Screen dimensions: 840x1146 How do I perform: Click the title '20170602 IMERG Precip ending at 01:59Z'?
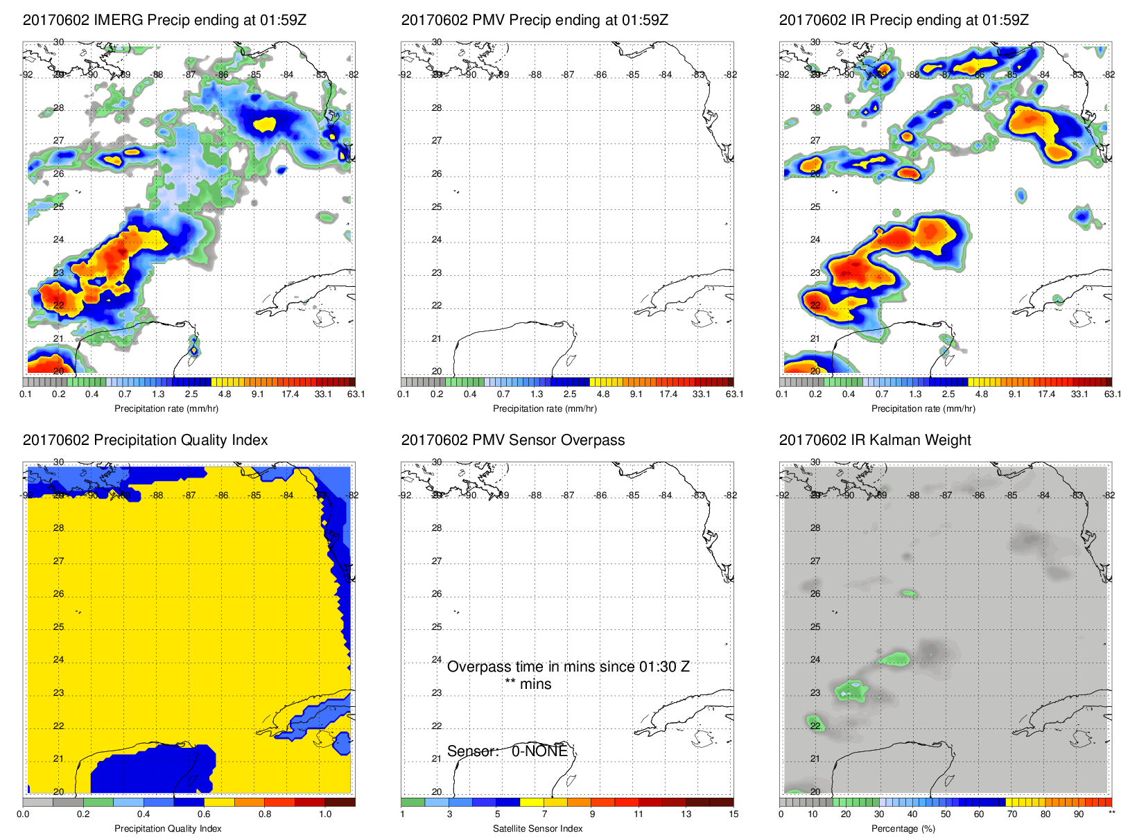pyautogui.click(x=164, y=20)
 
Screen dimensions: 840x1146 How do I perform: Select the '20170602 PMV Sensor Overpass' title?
pyautogui.click(x=512, y=440)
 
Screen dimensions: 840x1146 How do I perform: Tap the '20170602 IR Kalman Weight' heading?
pyautogui.click(x=875, y=440)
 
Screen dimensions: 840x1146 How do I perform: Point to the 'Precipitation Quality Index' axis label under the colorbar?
pyautogui.click(x=168, y=828)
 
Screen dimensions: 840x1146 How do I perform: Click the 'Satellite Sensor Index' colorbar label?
pyautogui.click(x=537, y=828)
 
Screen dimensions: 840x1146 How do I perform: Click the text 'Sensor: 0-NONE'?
pyautogui.click(x=507, y=751)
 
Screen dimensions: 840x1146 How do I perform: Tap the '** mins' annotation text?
pyautogui.click(x=528, y=684)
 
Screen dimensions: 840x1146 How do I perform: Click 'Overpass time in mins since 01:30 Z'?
pyautogui.click(x=568, y=667)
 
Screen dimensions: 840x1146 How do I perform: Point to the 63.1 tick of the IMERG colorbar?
pyautogui.click(x=356, y=394)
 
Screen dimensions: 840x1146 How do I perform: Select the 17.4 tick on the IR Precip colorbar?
pyautogui.click(x=1046, y=394)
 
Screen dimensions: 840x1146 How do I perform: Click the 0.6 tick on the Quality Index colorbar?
pyautogui.click(x=204, y=814)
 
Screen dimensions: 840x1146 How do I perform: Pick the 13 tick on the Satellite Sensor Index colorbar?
pyautogui.click(x=686, y=814)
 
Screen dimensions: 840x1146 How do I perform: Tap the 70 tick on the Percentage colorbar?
pyautogui.click(x=1012, y=814)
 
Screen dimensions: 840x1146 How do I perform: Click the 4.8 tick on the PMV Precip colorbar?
pyautogui.click(x=603, y=394)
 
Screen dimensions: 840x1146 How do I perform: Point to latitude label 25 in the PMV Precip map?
pyautogui.click(x=437, y=207)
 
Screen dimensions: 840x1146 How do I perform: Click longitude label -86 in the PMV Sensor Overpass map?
pyautogui.click(x=600, y=495)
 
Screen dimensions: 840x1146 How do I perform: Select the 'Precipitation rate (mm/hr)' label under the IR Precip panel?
pyautogui.click(x=923, y=408)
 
